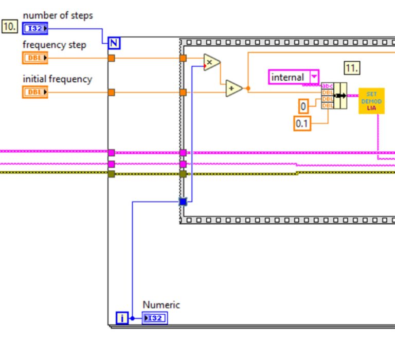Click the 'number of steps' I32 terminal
[x=35, y=28]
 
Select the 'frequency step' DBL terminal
[x=35, y=58]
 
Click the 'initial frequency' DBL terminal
[x=35, y=92]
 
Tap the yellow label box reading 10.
[x=10, y=26]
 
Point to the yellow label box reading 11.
[x=352, y=67]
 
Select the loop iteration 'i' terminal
[x=122, y=318]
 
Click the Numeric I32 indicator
[x=154, y=318]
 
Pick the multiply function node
[x=211, y=62]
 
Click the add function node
[x=234, y=88]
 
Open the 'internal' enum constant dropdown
[x=314, y=77]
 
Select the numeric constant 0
[x=303, y=106]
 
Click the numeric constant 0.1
[x=302, y=123]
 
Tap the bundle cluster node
[x=334, y=96]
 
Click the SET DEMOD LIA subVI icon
[x=371, y=101]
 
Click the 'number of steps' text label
[x=58, y=15]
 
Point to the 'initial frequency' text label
[x=57, y=79]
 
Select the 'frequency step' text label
[x=54, y=45]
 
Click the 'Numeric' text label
[x=161, y=304]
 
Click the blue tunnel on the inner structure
[x=183, y=202]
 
